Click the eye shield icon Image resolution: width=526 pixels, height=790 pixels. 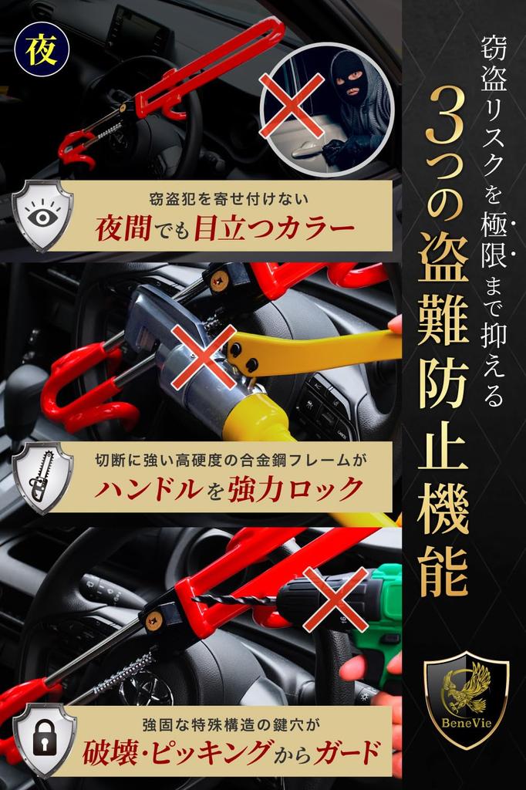(43, 214)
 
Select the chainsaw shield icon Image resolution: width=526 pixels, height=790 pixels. (43, 477)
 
